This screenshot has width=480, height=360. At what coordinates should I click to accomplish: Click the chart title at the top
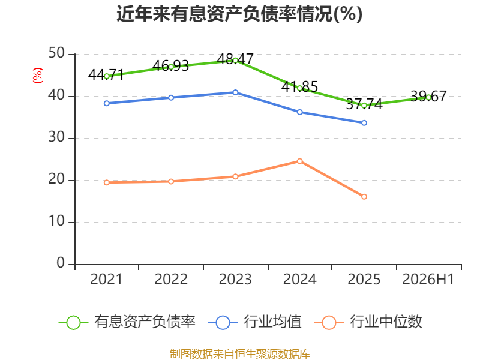tap(239, 14)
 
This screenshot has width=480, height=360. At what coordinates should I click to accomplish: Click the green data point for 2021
tap(107, 76)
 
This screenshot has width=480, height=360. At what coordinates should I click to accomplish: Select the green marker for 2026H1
tap(428, 97)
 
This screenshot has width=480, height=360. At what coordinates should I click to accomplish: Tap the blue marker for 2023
tap(235, 92)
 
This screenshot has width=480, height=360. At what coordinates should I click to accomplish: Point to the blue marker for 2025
tap(364, 123)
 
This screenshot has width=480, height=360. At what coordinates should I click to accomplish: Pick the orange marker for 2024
tap(299, 161)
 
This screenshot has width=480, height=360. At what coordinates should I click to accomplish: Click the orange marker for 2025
tap(364, 197)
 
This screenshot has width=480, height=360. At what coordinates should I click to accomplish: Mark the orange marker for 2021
tap(107, 182)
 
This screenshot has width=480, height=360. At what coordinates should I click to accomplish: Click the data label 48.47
tap(235, 59)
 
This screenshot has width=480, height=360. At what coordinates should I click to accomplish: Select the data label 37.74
tap(364, 104)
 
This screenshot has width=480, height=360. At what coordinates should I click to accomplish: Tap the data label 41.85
tap(299, 86)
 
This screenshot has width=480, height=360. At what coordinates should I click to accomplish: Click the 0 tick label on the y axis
tap(61, 263)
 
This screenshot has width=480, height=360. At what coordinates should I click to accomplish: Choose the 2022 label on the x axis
tap(171, 279)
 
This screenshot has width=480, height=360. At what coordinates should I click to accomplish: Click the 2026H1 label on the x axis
tap(428, 279)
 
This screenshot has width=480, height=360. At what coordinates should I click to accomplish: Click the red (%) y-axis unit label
tap(38, 76)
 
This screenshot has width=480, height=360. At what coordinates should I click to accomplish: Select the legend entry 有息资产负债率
tap(127, 322)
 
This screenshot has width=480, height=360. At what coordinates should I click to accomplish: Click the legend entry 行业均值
tap(254, 322)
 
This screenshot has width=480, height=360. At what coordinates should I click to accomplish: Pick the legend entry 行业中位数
tap(368, 322)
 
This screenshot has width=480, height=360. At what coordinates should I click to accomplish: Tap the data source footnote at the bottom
tap(240, 354)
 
